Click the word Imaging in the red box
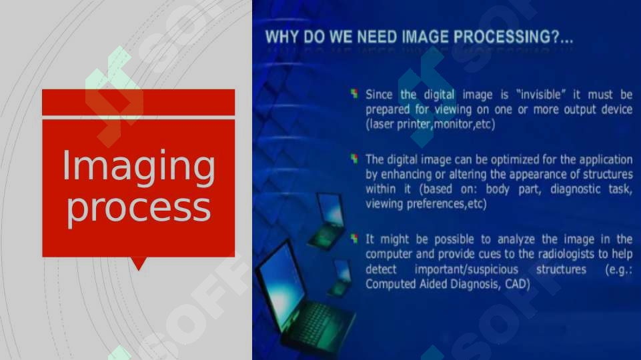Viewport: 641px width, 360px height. pos(138,167)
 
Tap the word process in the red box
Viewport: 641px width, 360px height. pos(138,208)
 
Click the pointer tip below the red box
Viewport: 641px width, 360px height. pos(139,267)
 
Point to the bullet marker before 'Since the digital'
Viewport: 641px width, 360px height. pos(355,94)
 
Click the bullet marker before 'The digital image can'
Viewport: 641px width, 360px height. pos(355,159)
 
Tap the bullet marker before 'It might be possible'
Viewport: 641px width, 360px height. pos(355,238)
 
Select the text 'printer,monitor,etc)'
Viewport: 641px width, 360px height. pos(447,124)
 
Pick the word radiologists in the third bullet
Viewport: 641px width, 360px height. pos(548,255)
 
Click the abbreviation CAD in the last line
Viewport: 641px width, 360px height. pos(517,285)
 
